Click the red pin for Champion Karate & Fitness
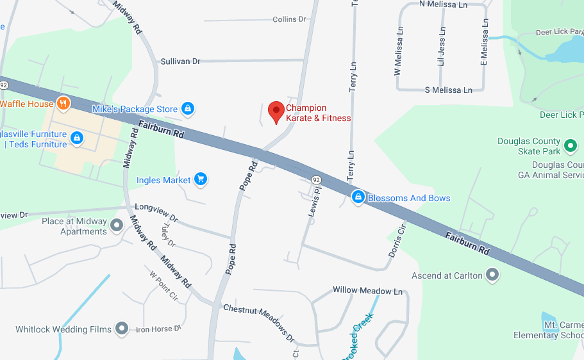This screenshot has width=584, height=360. coord(276,111)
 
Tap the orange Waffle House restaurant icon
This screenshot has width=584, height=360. coord(63,103)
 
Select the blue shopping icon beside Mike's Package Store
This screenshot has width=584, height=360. coord(187,109)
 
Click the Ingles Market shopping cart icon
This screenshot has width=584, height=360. coord(201,180)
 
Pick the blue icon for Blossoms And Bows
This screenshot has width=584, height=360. coord(358,197)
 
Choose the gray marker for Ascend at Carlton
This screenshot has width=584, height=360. coord(492,275)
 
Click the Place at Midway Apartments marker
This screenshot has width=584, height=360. coord(117,225)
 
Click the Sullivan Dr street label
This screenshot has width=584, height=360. coord(180,61)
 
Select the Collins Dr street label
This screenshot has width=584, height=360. coord(289,20)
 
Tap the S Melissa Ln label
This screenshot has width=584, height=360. coord(448,90)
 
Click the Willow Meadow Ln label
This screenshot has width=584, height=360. coord(367,290)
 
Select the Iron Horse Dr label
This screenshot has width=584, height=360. coord(154,329)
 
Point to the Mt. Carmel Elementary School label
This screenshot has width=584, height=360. coord(548,330)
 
